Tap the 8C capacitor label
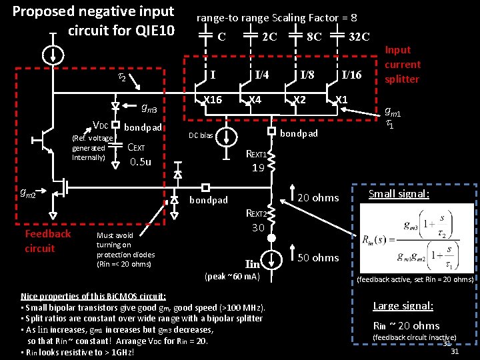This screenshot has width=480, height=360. coord(314,36)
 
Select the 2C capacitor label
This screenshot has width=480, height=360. coord(269,36)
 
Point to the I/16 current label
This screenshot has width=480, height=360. coord(351,75)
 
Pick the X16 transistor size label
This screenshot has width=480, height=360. coord(212,99)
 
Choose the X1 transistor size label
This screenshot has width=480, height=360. coord(341,99)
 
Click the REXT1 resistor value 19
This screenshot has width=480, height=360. coord(259,168)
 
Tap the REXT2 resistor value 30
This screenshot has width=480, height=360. coord(259,227)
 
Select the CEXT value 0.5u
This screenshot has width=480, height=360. coord(141,161)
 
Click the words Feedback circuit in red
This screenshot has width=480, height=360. coord(47,241)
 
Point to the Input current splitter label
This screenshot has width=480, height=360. coord(403,64)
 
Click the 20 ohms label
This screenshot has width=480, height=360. coord(317,197)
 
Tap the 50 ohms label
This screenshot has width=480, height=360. coord(317,257)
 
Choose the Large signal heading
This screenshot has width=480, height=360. coord(403,306)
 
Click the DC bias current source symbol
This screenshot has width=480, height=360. coord(228,137)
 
